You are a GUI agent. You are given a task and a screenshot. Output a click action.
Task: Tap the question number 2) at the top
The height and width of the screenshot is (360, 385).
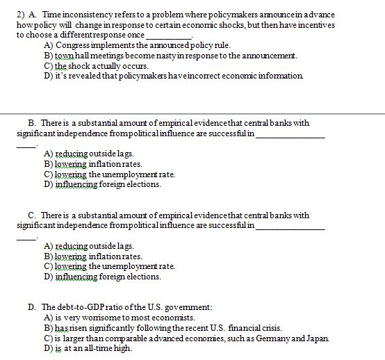(x=21, y=15)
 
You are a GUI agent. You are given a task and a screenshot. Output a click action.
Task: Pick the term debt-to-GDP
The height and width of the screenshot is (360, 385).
(x=79, y=307)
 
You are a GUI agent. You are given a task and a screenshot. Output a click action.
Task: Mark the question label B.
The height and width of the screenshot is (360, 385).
(x=32, y=123)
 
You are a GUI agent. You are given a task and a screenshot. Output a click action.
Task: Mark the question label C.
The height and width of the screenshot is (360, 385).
(x=32, y=215)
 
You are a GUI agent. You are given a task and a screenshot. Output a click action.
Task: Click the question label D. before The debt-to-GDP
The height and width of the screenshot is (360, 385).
(x=32, y=307)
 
